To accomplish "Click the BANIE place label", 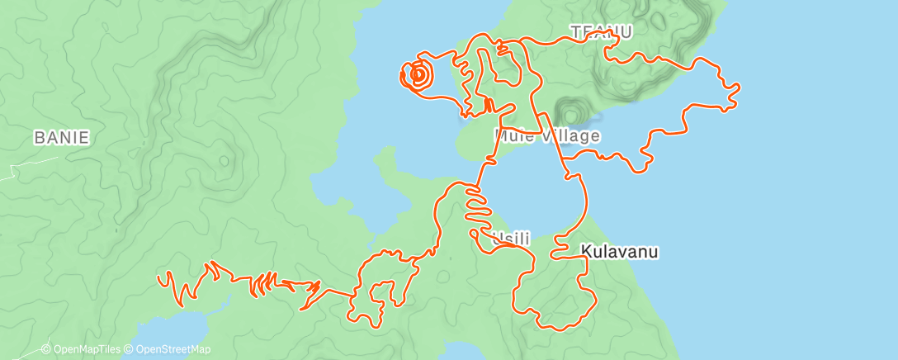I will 61,138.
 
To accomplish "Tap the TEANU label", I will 602,32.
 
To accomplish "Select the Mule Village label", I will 547,135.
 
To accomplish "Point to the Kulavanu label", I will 619,252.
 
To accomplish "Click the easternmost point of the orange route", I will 738,86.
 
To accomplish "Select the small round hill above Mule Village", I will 570,111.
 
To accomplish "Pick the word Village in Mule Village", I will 571,135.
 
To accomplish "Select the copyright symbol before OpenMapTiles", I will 47,349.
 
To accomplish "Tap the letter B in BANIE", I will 39,138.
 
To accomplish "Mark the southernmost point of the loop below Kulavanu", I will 564,329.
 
